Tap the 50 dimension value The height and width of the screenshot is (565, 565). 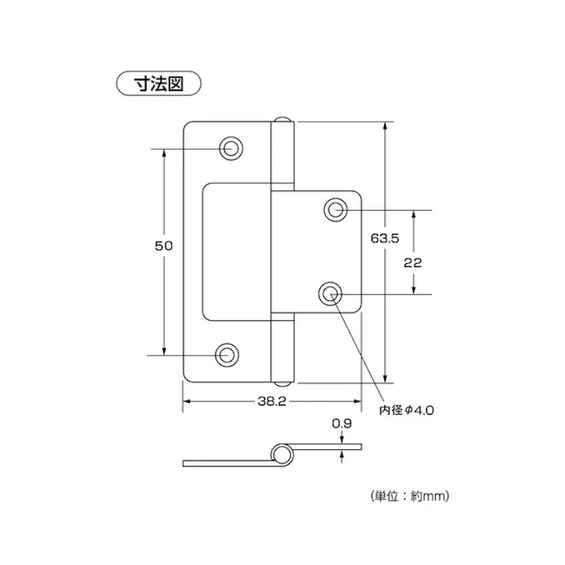coord(163,246)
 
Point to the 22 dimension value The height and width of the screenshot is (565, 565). coord(412,264)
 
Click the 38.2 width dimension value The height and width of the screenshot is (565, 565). coord(271,402)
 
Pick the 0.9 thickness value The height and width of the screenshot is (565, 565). coord(342,424)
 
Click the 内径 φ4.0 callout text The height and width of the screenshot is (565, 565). coord(406,410)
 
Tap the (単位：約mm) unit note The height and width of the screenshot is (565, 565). coord(410,496)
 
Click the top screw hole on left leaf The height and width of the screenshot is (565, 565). coord(231,147)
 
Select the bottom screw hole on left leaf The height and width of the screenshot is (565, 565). coord(227,354)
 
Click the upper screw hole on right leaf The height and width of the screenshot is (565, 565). coord(334,210)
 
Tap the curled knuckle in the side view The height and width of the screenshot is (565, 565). coord(281,454)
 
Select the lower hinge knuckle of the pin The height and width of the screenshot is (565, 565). coord(282,349)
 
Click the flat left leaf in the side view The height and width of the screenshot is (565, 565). coord(226,461)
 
